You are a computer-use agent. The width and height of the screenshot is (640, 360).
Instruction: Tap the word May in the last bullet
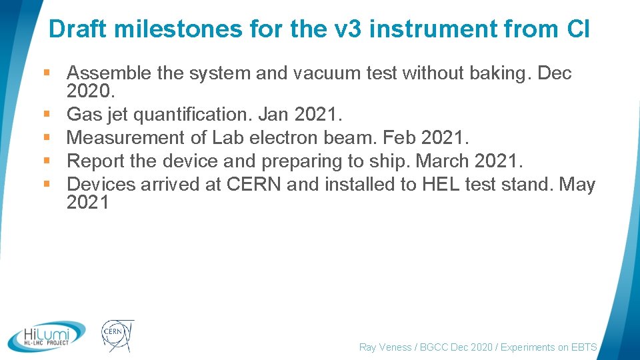click(577, 183)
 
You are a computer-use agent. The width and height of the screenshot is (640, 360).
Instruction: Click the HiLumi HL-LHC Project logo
click(47, 337)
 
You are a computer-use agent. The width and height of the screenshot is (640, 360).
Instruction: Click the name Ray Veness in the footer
click(386, 347)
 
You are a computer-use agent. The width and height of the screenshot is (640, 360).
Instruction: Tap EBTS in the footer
click(583, 347)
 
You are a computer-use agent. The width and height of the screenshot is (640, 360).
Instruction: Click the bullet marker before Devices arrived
click(51, 184)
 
